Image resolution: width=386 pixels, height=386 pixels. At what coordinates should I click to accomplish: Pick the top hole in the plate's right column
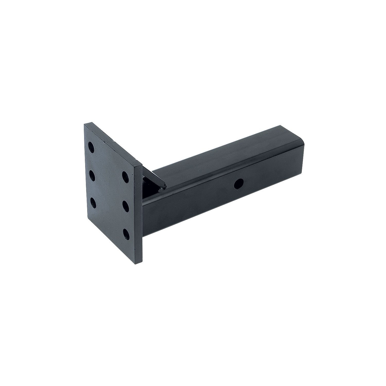tap(125, 177)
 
